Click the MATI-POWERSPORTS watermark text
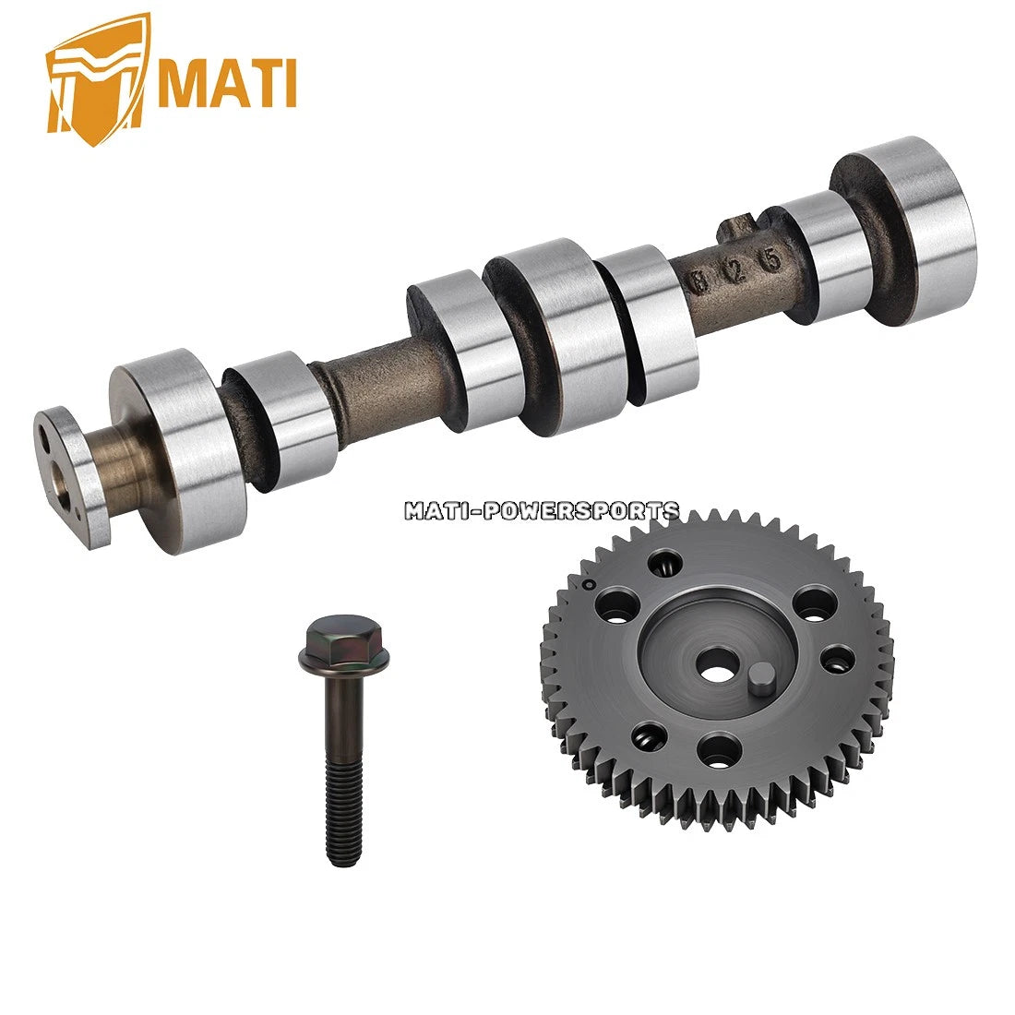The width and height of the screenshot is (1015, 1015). point(542,510)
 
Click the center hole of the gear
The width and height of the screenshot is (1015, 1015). point(715,670)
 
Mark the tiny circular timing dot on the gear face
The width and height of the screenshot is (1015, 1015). point(585,583)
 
